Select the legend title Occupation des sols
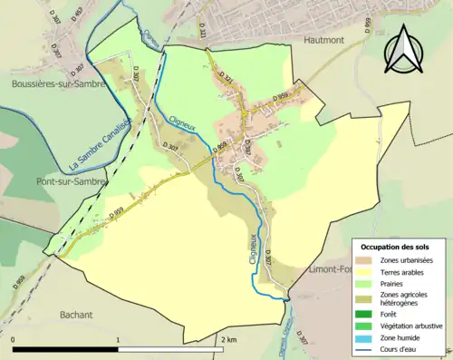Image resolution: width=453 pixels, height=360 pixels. pos(396,247)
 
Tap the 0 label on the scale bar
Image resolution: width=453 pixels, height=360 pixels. pos(14,339)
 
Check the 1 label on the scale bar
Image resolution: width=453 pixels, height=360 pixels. pos(118,339)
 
